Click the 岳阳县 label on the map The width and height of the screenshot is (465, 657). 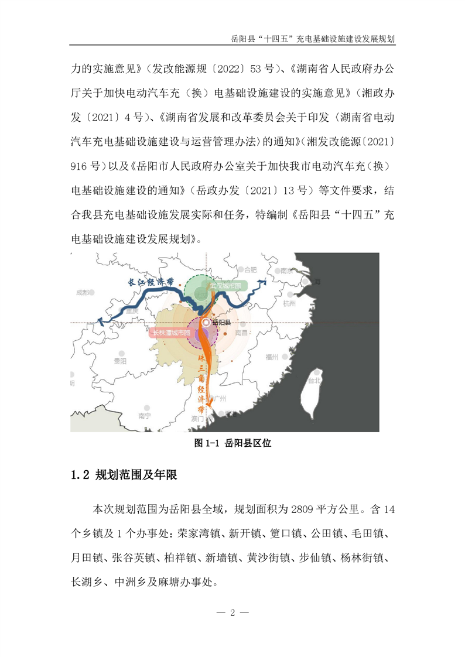(222, 323)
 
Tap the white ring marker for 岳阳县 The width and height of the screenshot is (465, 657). (206, 323)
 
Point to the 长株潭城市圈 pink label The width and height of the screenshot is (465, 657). (171, 333)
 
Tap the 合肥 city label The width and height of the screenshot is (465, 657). (251, 271)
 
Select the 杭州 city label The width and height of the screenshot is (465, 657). (290, 303)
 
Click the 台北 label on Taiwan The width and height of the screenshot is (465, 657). (314, 379)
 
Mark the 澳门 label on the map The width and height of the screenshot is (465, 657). (197, 419)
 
